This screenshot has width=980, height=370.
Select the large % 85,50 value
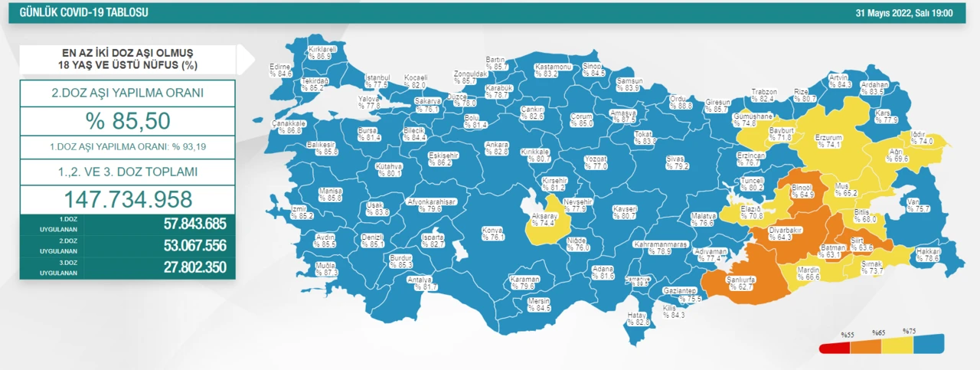pos(127,121)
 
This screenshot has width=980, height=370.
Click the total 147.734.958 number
pos(127,199)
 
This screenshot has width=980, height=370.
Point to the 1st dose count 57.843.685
pos(194,224)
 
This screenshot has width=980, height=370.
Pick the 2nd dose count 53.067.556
pos(194,246)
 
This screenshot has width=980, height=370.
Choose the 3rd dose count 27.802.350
pos(194,267)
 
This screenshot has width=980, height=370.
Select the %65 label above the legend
pos(878,332)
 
